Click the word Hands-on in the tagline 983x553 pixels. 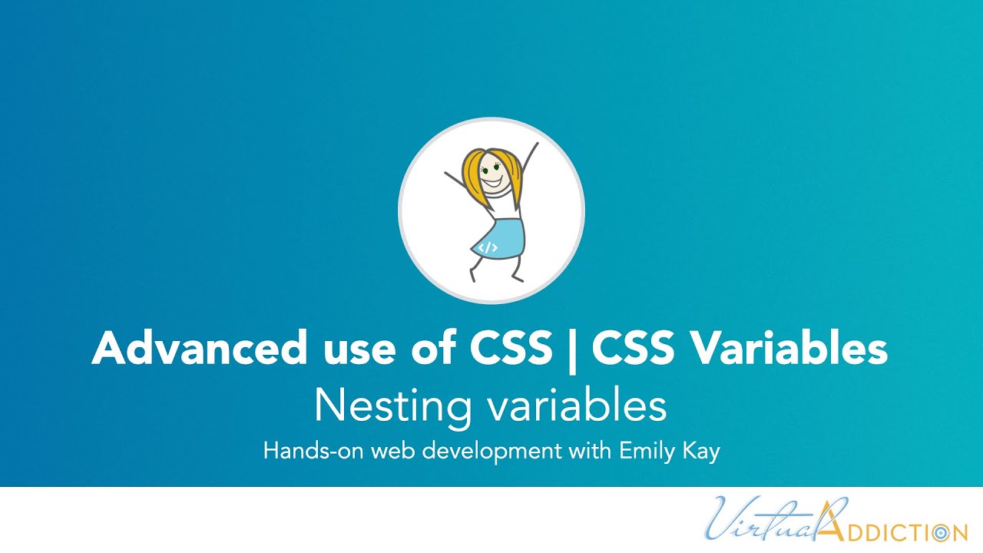click(314, 451)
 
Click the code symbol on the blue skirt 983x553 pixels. click(488, 247)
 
